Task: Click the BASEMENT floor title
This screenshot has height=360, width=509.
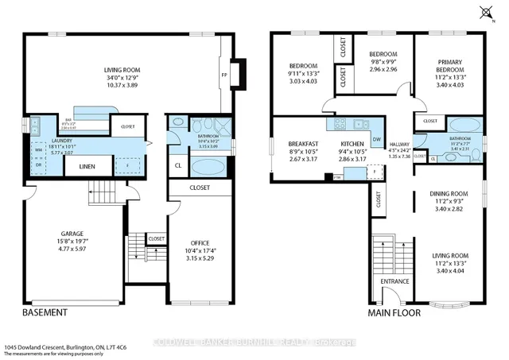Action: tap(44, 313)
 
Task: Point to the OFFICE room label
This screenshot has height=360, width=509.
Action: tap(200, 242)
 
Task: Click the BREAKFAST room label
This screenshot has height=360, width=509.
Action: tap(303, 143)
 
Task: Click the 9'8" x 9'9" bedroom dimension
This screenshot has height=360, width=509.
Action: tap(379, 49)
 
